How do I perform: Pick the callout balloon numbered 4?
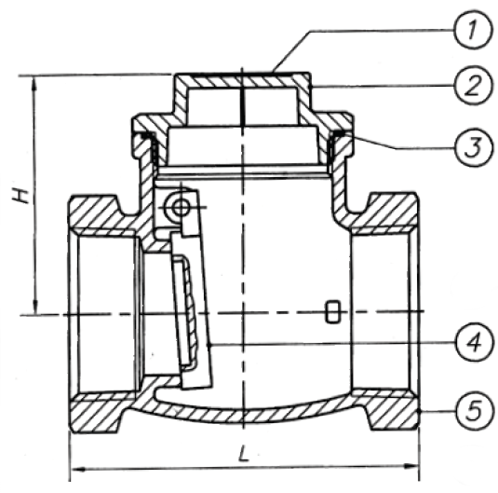point(475,343)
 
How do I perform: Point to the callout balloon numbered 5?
point(476,411)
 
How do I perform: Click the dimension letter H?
point(21,196)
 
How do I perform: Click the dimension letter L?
point(243,453)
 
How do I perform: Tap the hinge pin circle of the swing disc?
point(180,209)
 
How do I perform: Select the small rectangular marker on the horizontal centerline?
point(333,311)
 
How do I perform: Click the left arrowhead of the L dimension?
point(77,469)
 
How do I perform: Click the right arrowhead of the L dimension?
point(411,467)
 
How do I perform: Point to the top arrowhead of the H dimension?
point(34,83)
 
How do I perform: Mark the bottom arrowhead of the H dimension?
point(36,307)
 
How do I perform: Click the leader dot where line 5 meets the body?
point(419,412)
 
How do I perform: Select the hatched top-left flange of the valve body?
point(95,214)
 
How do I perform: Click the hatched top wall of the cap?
point(243,80)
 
